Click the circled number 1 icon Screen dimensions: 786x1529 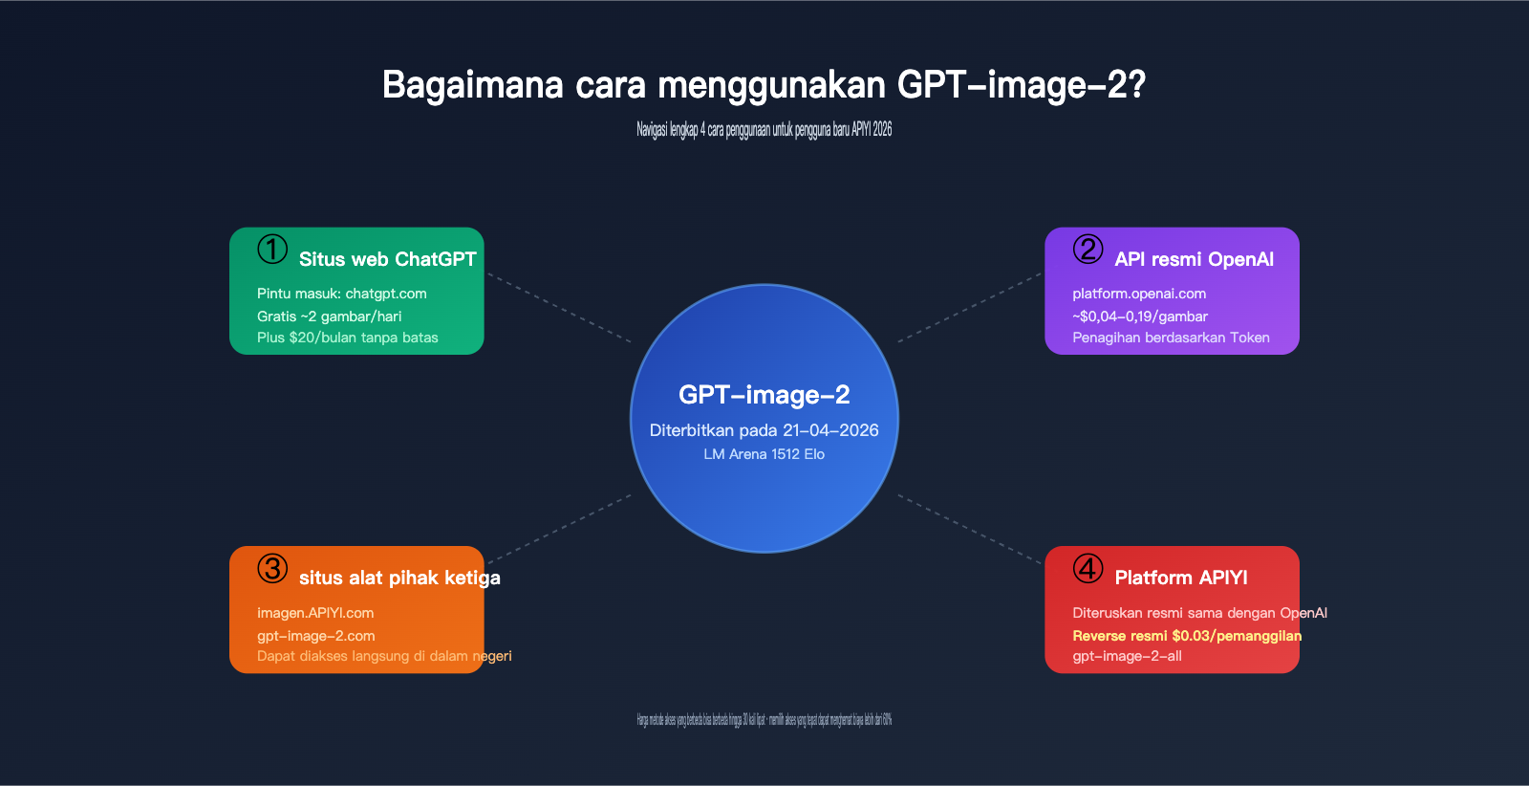click(272, 250)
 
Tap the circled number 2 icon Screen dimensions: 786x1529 click(1088, 250)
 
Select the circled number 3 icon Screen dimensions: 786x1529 click(272, 568)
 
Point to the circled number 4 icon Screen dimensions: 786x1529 click(1088, 568)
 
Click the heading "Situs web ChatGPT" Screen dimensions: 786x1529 click(387, 259)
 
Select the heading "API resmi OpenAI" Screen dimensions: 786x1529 click(1194, 259)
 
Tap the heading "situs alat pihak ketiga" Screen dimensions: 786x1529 click(399, 578)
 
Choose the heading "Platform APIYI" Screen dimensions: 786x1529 click(1181, 578)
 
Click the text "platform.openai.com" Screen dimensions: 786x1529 click(1139, 294)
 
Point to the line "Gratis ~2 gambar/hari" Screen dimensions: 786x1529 click(329, 317)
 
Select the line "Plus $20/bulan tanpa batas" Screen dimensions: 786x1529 click(347, 338)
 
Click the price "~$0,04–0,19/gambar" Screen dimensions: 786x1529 click(1140, 317)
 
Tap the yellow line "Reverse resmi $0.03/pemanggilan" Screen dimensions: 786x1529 click(1187, 636)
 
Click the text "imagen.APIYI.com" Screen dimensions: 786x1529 click(315, 613)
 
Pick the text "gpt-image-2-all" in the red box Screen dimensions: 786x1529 click(1127, 656)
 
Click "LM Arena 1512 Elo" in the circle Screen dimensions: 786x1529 click(764, 454)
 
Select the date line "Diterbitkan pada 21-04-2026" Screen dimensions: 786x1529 click(764, 430)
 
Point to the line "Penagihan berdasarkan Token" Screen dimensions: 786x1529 click(1171, 338)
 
